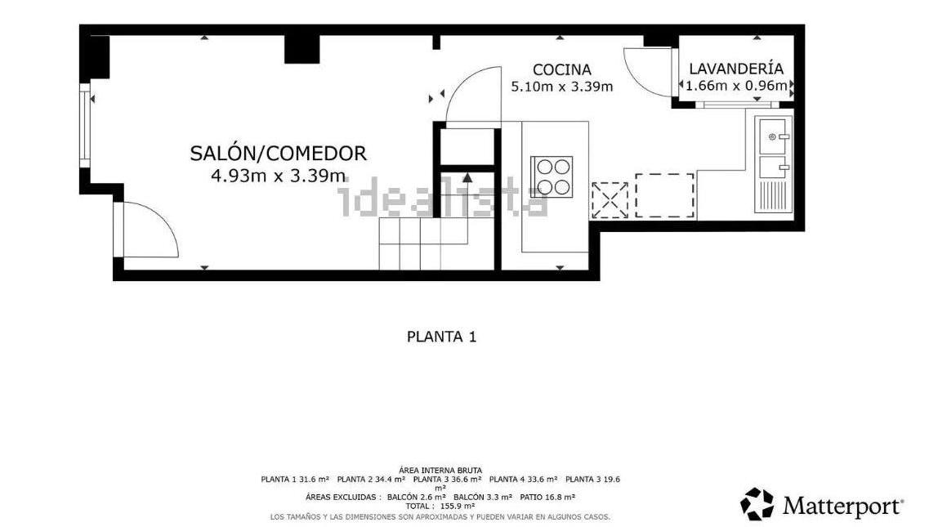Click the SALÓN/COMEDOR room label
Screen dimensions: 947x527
(279, 154)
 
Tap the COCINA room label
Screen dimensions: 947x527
(561, 70)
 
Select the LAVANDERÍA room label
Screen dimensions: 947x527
(736, 69)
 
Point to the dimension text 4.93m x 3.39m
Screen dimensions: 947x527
(279, 176)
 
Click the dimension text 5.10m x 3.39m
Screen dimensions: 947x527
(562, 87)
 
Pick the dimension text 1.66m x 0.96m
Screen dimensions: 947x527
(736, 86)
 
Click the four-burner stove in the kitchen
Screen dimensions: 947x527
(552, 176)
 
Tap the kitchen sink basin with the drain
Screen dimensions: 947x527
(773, 136)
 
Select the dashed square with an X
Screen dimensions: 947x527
(610, 200)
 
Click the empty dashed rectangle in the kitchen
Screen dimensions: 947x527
(664, 195)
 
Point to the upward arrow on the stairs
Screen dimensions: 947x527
(467, 177)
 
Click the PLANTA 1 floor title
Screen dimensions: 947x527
(441, 337)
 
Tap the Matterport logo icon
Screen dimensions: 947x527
(757, 503)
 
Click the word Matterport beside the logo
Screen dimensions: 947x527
(843, 506)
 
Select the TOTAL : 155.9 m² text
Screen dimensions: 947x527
(440, 506)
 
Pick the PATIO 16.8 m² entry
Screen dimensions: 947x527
(547, 498)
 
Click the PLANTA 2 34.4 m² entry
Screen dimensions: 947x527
(371, 480)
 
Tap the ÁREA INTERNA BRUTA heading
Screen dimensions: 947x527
(441, 471)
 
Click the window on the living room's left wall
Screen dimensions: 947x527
(84, 125)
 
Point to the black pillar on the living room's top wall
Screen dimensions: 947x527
(302, 50)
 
